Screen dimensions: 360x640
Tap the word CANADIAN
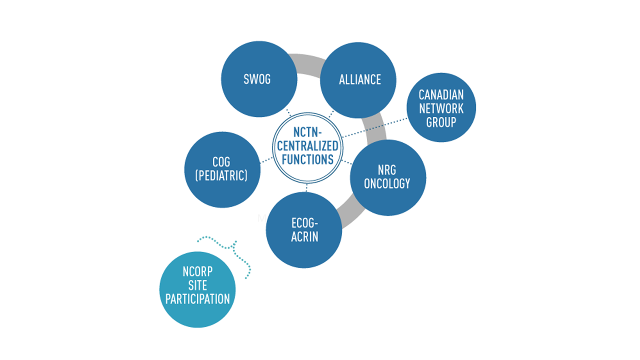(441, 95)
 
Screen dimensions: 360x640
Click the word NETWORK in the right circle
(441, 109)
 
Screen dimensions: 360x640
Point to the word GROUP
(441, 122)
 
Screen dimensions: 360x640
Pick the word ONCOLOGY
(387, 184)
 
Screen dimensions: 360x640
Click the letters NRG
(387, 170)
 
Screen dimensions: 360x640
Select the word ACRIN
(304, 237)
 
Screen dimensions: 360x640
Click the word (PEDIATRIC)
(221, 176)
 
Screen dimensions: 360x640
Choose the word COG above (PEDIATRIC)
(221, 162)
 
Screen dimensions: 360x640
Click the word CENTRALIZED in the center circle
(308, 146)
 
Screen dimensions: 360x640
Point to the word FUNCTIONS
(308, 160)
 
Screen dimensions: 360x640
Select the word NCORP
(197, 272)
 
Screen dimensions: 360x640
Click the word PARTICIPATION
(197, 299)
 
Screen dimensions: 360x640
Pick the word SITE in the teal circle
(197, 285)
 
